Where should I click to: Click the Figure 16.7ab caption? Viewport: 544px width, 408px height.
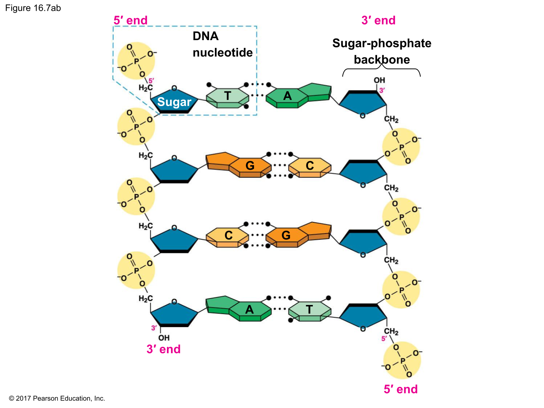tap(33, 8)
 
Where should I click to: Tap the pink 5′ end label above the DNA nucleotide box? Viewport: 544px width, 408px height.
tap(131, 20)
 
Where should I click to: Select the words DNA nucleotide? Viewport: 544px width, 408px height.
tap(222, 44)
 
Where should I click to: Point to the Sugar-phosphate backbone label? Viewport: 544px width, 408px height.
tap(381, 51)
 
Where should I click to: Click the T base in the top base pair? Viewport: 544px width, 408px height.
tap(228, 97)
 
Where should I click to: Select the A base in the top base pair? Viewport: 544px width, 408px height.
tap(288, 96)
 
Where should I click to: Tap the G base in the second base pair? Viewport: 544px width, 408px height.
tap(250, 166)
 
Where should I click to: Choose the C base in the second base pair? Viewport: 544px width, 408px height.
tap(309, 166)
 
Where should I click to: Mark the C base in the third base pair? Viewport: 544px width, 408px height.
tap(228, 235)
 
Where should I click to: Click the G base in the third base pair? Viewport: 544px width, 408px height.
tap(286, 235)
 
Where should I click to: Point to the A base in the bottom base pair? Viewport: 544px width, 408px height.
tap(250, 310)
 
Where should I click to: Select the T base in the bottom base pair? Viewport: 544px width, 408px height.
tap(309, 310)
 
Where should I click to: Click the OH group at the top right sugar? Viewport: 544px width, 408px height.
tap(379, 80)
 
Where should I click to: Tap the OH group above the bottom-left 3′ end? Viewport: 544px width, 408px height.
tap(164, 338)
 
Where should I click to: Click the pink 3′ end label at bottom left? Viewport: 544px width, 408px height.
tap(164, 349)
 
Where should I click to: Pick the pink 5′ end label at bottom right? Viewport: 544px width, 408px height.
tap(401, 389)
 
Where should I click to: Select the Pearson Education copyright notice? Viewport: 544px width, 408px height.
tap(57, 398)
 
